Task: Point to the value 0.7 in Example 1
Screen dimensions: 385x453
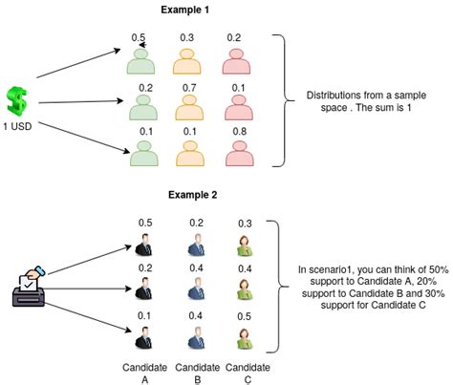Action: [x=189, y=87]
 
